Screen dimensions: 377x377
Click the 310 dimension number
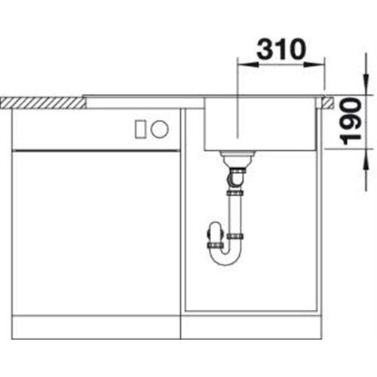[x=281, y=49]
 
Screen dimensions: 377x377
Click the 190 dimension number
[x=351, y=121]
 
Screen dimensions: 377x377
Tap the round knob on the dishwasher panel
[x=160, y=128]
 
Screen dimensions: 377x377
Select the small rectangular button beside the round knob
[x=140, y=129]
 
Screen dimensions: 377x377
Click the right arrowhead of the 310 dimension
[x=314, y=65]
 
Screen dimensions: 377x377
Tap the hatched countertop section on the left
[x=43, y=103]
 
